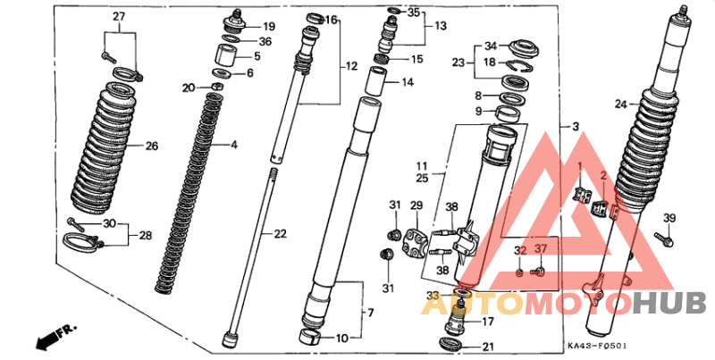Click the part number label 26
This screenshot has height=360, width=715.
[152, 147]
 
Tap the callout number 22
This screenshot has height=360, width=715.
[280, 234]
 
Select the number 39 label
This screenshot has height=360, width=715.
[669, 218]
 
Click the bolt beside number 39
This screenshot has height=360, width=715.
[663, 239]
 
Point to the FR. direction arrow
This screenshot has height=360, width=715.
[55, 336]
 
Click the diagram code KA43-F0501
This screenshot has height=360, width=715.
[597, 347]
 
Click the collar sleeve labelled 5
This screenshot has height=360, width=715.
[227, 54]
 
